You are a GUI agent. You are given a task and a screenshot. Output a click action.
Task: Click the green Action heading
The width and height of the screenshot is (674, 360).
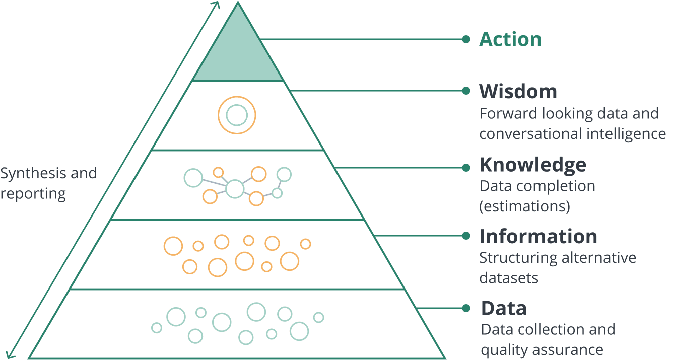pos(510,39)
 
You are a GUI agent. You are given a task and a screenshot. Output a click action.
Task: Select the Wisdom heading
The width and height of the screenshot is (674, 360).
pos(518,91)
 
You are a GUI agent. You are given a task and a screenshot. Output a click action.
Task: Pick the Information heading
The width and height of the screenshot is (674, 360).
pos(538,236)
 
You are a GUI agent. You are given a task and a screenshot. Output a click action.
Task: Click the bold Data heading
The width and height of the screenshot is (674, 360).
pos(504,308)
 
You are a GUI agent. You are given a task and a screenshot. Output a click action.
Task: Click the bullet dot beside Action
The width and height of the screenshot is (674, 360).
pos(466,39)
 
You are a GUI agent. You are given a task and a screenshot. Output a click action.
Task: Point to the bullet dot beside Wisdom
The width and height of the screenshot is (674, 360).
pos(466,91)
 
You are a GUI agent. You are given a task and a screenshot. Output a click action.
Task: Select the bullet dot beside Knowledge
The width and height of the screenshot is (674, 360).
pos(466,168)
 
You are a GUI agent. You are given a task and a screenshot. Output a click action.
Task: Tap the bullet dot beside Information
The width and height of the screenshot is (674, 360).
pos(466,236)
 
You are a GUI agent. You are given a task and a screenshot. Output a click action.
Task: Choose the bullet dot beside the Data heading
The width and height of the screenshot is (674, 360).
pos(466,308)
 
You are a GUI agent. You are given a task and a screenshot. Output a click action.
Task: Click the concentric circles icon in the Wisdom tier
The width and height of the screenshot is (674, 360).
pos(237,115)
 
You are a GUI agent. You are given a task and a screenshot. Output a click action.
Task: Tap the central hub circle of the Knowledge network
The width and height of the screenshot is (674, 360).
pos(235,189)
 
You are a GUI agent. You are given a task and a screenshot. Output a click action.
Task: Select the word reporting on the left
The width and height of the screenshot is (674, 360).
pos(33,194)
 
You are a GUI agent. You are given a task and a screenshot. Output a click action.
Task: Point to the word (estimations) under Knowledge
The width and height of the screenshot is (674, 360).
pos(525,206)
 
